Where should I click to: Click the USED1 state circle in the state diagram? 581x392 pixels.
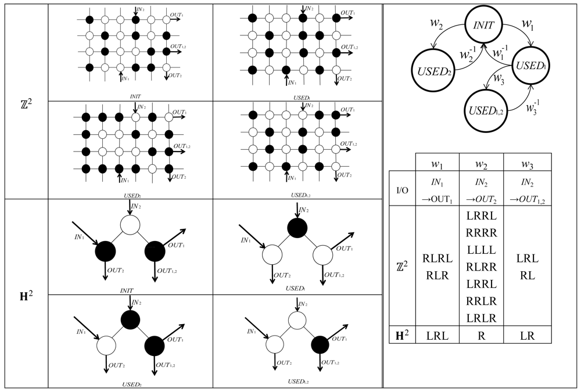tap(531, 64)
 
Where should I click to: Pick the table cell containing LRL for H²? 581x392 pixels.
tap(437, 335)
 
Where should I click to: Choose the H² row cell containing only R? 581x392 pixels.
tap(480, 335)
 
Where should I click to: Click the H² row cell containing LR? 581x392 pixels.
tap(527, 335)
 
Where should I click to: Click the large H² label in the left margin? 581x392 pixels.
tap(26, 294)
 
